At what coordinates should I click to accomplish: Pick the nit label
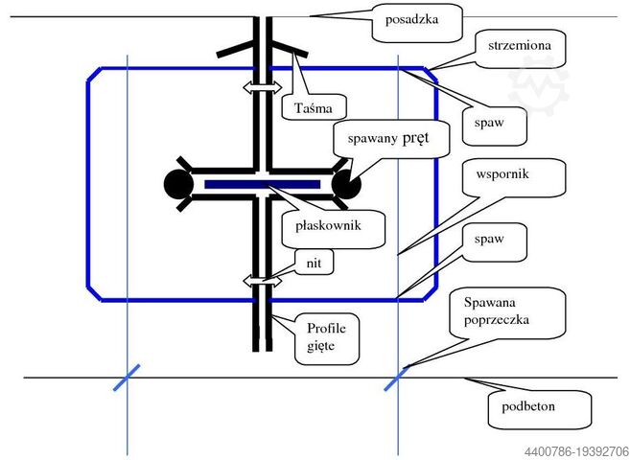(315, 263)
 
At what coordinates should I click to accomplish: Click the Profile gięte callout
(327, 336)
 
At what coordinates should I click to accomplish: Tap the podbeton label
(530, 406)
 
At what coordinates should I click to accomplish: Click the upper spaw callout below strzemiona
(495, 122)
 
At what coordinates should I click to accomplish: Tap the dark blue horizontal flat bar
(262, 183)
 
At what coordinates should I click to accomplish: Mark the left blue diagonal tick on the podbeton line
(127, 377)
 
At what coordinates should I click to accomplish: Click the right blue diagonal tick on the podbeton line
(397, 377)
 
